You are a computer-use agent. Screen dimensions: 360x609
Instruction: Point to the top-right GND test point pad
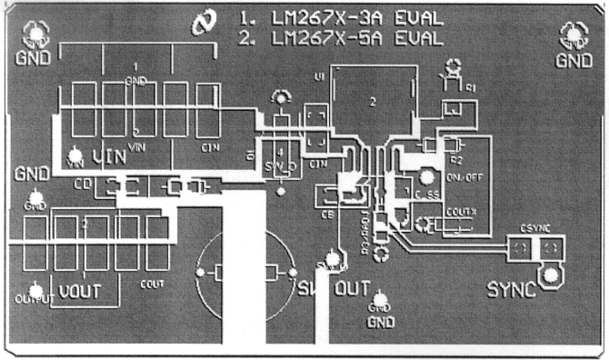pyautogui.click(x=574, y=35)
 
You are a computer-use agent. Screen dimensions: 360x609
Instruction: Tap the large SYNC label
pyautogui.click(x=511, y=290)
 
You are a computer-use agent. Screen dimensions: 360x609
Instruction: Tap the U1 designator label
pyautogui.click(x=319, y=77)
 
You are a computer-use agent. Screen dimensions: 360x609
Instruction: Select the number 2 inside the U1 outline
pyautogui.click(x=373, y=103)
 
